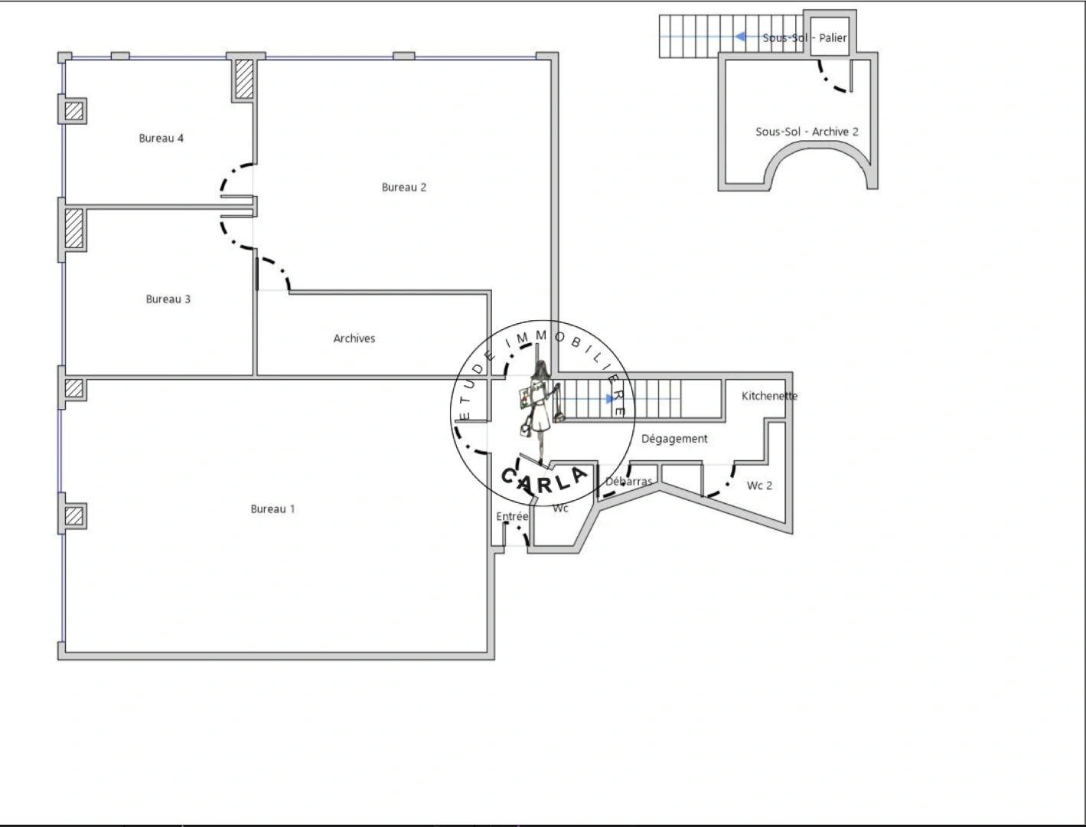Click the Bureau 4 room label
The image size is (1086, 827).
[x=161, y=139]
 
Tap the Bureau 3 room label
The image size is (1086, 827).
[x=168, y=299]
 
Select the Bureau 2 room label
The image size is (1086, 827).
[x=403, y=188]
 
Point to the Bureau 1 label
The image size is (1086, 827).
[x=272, y=509]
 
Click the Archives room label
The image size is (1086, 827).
[x=354, y=338]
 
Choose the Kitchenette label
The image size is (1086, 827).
[x=768, y=396]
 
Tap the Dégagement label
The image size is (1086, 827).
[x=673, y=439]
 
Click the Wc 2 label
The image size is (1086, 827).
[x=759, y=485]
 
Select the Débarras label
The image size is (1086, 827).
[x=628, y=482]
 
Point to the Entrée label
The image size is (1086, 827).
[x=511, y=517]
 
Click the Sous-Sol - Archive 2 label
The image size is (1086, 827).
[x=807, y=132]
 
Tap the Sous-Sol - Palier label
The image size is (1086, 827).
[x=804, y=38]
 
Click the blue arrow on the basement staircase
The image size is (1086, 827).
[x=741, y=36]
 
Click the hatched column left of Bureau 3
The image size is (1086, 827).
[x=74, y=228]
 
